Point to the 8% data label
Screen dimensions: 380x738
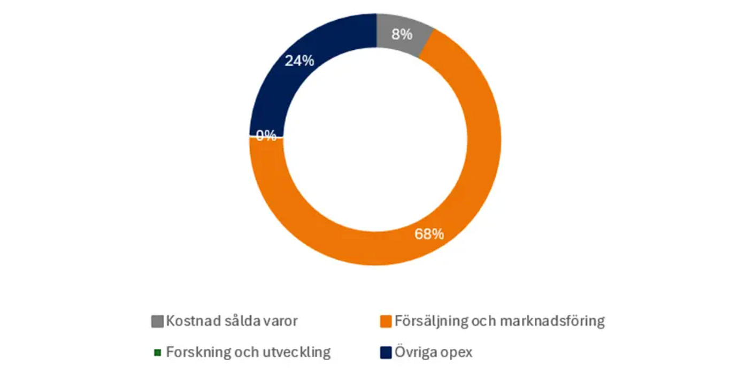402,35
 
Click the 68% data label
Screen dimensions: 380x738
429,234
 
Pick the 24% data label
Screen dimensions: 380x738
299,61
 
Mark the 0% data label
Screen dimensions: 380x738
266,136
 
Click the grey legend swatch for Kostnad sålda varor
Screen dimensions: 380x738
157,322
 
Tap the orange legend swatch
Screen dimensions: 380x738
386,322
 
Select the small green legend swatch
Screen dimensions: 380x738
158,353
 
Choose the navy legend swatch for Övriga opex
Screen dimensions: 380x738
386,353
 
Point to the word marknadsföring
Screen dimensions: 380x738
552,322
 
